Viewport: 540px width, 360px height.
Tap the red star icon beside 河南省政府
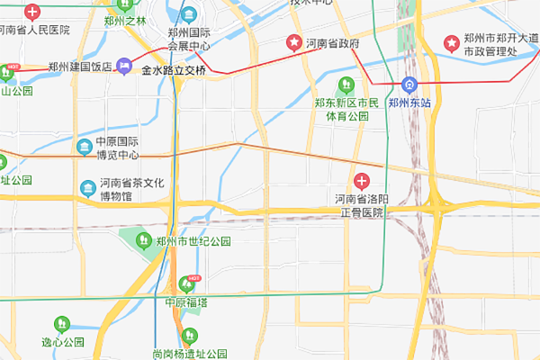pyautogui.click(x=293, y=42)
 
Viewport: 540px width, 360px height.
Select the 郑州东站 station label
pyautogui.click(x=409, y=103)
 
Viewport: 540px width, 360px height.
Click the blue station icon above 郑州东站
pyautogui.click(x=409, y=86)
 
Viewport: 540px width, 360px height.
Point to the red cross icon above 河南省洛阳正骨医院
pyautogui.click(x=362, y=181)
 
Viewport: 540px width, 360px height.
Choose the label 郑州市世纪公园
pyautogui.click(x=193, y=241)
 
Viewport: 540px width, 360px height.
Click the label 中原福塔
pyautogui.click(x=186, y=302)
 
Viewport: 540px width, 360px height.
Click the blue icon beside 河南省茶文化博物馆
pyautogui.click(x=88, y=188)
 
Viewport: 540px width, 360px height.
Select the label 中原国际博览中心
pyautogui.click(x=117, y=148)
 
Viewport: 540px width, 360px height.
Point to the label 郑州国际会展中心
pyautogui.click(x=189, y=39)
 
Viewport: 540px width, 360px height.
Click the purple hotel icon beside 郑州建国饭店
pyautogui.click(x=124, y=66)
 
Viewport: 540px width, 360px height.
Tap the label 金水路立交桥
pyautogui.click(x=174, y=70)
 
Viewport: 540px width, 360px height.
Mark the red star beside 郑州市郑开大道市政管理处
pyautogui.click(x=451, y=43)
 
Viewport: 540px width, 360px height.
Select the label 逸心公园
pyautogui.click(x=62, y=342)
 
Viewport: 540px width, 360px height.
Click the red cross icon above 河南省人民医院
pyautogui.click(x=32, y=13)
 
